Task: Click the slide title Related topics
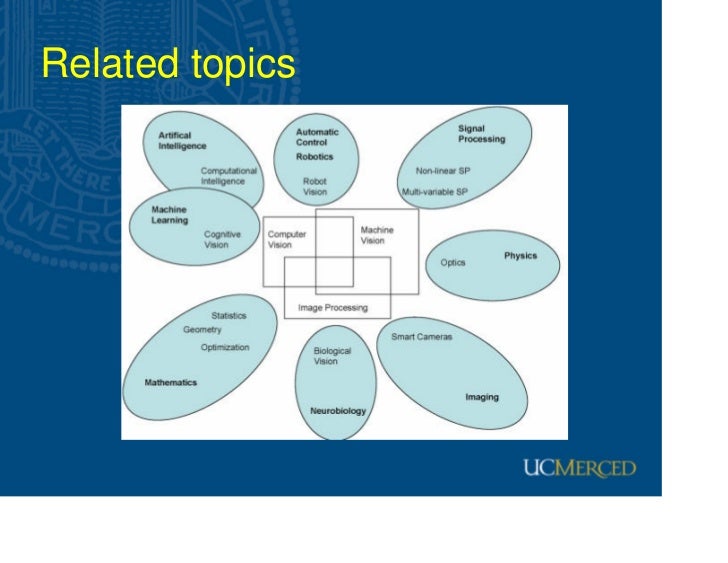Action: pyautogui.click(x=168, y=66)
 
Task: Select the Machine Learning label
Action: pyautogui.click(x=169, y=215)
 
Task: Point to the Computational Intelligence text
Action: pyautogui.click(x=229, y=176)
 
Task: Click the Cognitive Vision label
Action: pyautogui.click(x=223, y=239)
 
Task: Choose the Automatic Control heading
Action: pyautogui.click(x=317, y=137)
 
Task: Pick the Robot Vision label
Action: pyautogui.click(x=315, y=187)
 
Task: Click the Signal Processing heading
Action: pyautogui.click(x=482, y=134)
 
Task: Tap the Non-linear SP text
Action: pyautogui.click(x=443, y=171)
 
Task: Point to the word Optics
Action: pyautogui.click(x=453, y=263)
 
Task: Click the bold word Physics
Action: pyautogui.click(x=520, y=256)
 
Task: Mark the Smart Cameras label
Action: pyautogui.click(x=421, y=337)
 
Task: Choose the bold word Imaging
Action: pyautogui.click(x=482, y=397)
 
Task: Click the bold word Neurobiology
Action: pyautogui.click(x=338, y=411)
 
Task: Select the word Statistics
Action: pyautogui.click(x=228, y=316)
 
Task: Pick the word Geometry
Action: pyautogui.click(x=202, y=330)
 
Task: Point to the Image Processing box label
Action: pyautogui.click(x=333, y=308)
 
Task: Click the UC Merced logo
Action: pyautogui.click(x=578, y=468)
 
